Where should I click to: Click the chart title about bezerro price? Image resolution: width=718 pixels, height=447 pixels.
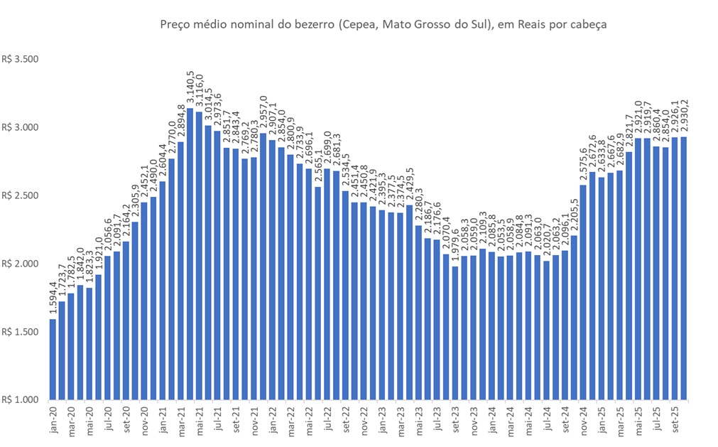(384, 25)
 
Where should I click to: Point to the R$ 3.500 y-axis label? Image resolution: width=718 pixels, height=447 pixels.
(19, 59)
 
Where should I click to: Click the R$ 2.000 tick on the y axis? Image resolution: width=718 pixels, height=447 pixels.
(19, 264)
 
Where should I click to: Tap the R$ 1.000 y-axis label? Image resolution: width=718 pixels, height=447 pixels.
(19, 400)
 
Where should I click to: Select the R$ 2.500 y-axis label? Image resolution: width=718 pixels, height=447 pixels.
(19, 195)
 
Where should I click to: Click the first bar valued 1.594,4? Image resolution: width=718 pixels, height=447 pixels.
(53, 359)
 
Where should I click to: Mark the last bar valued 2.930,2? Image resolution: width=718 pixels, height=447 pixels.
(684, 268)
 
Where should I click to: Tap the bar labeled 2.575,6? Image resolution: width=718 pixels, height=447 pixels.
(583, 292)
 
